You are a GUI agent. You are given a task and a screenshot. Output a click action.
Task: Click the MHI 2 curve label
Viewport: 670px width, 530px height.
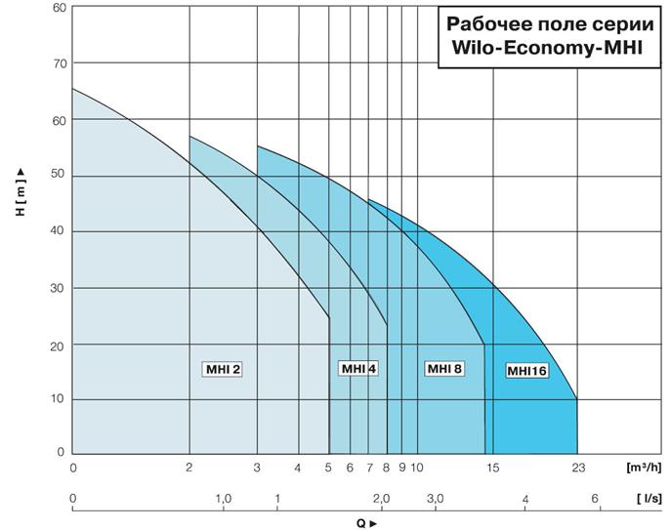tap(222, 369)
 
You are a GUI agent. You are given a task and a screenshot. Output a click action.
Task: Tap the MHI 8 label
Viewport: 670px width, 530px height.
tap(443, 368)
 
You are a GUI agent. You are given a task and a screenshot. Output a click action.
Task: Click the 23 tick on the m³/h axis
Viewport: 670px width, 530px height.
tap(577, 468)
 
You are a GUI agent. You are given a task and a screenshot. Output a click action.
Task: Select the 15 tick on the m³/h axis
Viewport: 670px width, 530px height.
tap(493, 468)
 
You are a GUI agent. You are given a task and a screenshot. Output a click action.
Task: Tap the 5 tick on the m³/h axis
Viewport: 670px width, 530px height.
tap(329, 468)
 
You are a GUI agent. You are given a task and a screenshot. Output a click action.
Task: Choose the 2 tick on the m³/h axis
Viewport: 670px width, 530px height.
tap(189, 468)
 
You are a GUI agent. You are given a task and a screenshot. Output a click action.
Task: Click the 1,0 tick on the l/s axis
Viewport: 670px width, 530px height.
tap(224, 499)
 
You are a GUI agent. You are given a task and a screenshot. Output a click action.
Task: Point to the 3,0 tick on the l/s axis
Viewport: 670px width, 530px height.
tap(435, 499)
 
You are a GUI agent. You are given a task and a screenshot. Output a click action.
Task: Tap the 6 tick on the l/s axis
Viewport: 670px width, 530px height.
tap(594, 499)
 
